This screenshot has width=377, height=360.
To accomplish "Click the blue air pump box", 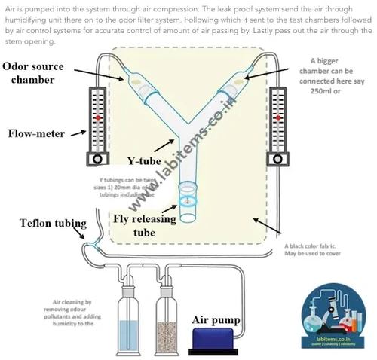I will point(219,341).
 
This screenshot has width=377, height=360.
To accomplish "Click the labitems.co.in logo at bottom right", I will point(336,316).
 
